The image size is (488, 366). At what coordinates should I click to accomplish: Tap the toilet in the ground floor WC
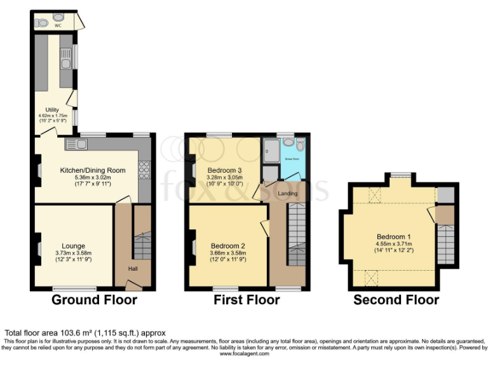(x=43, y=23)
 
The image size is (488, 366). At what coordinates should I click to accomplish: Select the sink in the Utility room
(x=65, y=61)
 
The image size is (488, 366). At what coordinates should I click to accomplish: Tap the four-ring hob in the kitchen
(x=144, y=170)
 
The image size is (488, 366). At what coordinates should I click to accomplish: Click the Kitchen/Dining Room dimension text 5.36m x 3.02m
(x=93, y=177)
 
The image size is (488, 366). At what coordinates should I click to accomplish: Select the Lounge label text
(x=74, y=246)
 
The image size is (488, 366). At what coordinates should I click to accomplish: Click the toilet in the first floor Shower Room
(x=299, y=146)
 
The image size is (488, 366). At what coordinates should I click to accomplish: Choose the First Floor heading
(x=247, y=300)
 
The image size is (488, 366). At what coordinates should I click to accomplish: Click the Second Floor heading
(x=396, y=300)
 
